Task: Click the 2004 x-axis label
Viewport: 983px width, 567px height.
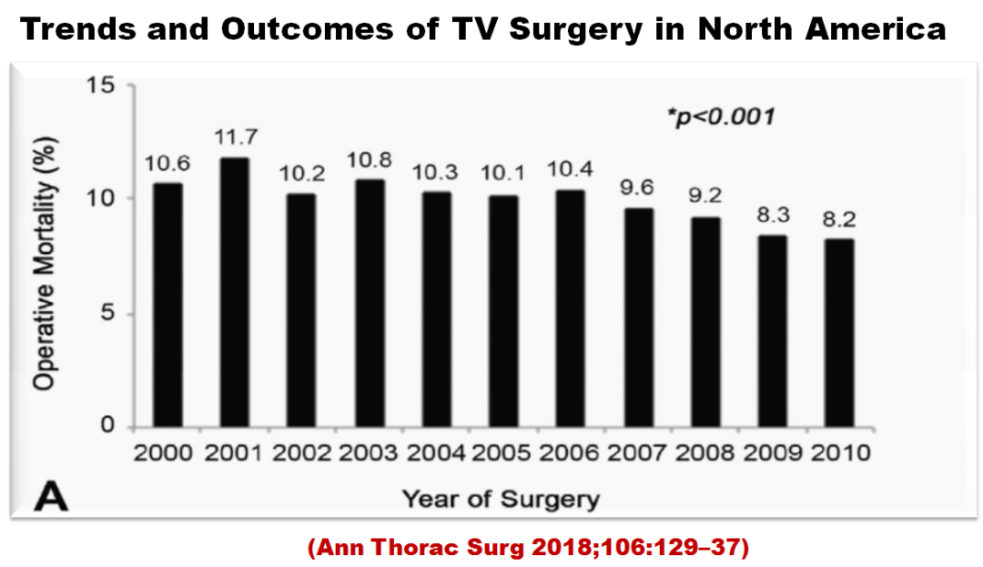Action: pyautogui.click(x=437, y=452)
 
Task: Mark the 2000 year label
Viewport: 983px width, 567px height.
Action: pyautogui.click(x=167, y=452)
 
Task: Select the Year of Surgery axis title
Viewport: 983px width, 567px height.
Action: pyautogui.click(x=502, y=498)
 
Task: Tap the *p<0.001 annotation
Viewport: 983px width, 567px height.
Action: pyautogui.click(x=720, y=117)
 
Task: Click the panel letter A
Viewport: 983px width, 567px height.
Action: pyautogui.click(x=50, y=496)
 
